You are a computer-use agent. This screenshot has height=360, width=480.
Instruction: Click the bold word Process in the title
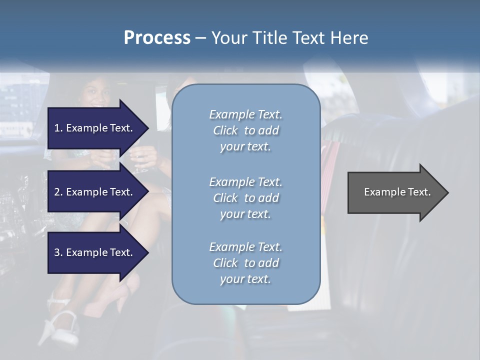[157, 38]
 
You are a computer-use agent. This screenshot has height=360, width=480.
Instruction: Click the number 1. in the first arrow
[58, 128]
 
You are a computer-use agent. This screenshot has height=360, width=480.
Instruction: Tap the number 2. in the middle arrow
[58, 192]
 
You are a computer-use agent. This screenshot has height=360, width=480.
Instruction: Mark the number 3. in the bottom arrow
[58, 252]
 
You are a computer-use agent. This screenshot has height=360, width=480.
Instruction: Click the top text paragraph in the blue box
[245, 130]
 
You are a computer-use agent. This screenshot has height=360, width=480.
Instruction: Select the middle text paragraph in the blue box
[245, 198]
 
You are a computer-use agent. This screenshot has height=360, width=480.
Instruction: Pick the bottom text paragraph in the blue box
[245, 263]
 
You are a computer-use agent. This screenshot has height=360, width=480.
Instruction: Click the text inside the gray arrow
[397, 192]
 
